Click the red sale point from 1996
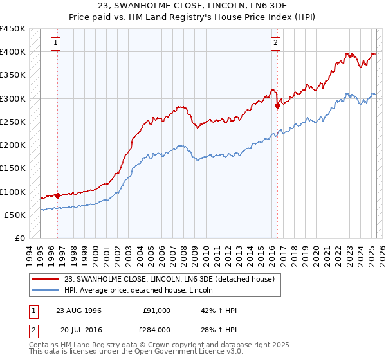click(x=57, y=195)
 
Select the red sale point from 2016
click(x=277, y=106)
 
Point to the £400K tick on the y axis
click(x=13, y=52)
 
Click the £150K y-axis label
click(x=13, y=168)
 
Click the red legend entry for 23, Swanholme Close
click(x=169, y=279)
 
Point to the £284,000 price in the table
click(x=156, y=330)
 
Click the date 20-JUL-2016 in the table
click(x=78, y=330)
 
